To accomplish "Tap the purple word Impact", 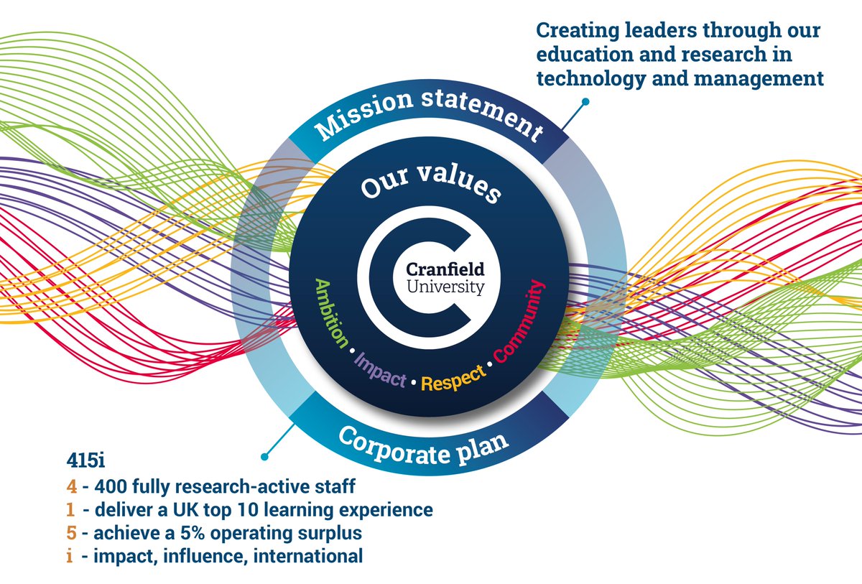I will pyautogui.click(x=380, y=369).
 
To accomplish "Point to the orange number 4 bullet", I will pyautogui.click(x=71, y=488).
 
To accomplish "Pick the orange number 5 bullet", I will pyautogui.click(x=71, y=534).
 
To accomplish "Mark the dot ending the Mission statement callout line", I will pyautogui.click(x=585, y=103).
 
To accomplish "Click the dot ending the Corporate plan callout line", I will pyautogui.click(x=264, y=455).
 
